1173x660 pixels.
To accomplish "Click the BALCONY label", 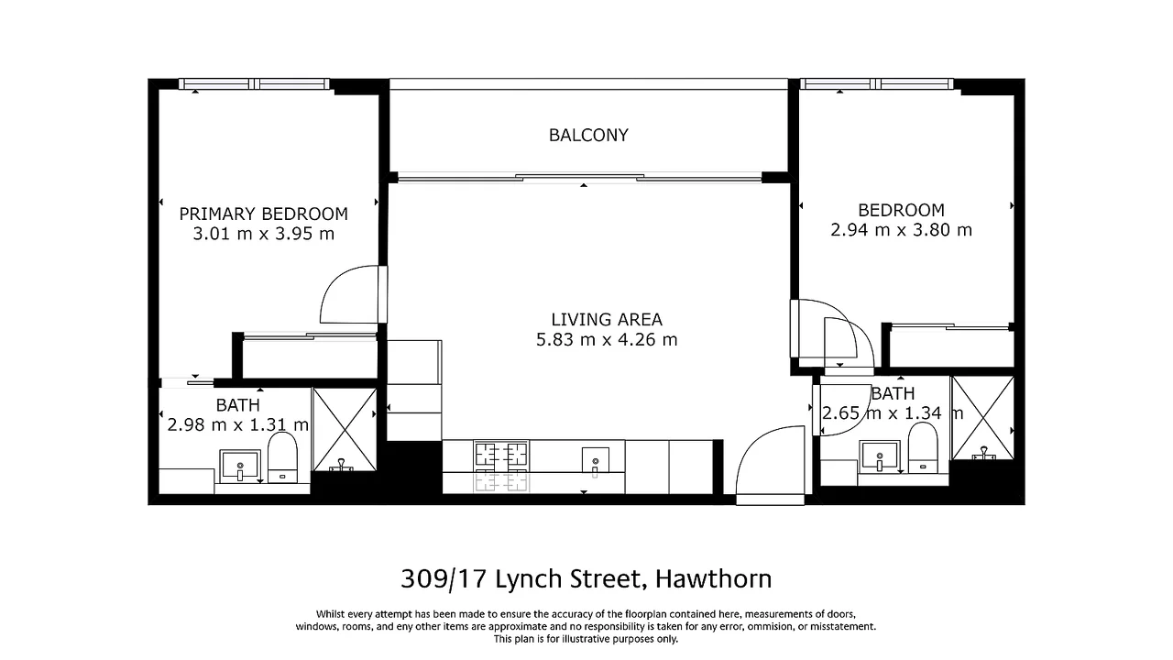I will tap(588, 136).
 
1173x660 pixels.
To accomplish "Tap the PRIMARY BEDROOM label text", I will tap(263, 214).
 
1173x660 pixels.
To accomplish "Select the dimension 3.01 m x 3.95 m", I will tap(263, 234).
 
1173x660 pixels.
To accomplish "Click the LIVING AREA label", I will tap(606, 320).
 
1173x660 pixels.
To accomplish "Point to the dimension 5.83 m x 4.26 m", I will tap(606, 340).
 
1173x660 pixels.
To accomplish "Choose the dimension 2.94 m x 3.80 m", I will tap(901, 230).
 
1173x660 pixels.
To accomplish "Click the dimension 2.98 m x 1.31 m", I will tap(237, 424).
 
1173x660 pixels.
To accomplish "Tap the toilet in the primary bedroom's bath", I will tap(282, 456).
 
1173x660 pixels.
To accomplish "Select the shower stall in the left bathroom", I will tap(345, 430).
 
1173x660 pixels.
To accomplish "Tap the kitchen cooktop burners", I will tap(501, 454).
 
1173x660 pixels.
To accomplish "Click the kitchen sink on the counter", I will tap(595, 456).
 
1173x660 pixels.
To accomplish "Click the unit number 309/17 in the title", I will tap(444, 579).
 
